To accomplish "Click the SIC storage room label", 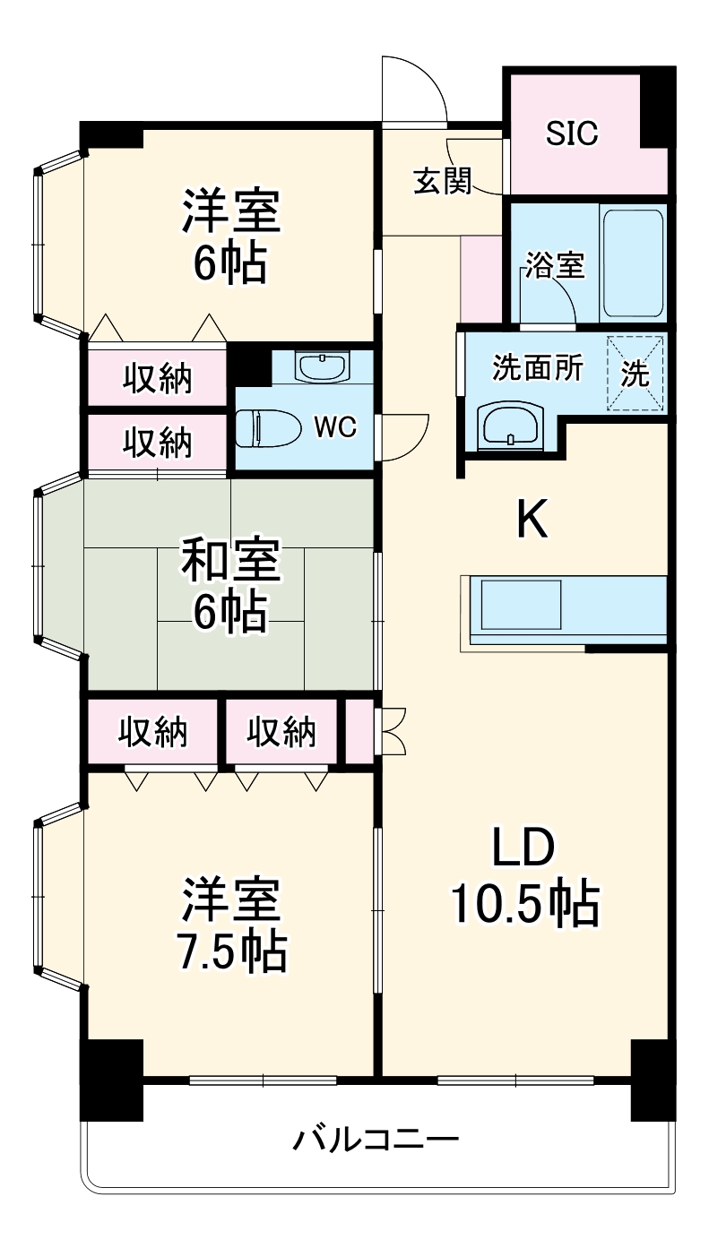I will (x=572, y=133).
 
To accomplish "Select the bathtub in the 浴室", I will (x=633, y=263).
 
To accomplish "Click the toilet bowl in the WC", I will (x=266, y=428).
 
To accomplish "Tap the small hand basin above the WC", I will (x=322, y=366).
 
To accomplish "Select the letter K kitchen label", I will (x=532, y=520).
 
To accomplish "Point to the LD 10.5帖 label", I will (x=523, y=877).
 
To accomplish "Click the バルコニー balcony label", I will (x=376, y=1140).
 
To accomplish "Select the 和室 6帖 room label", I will (x=231, y=585).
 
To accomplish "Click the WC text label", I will (x=334, y=427).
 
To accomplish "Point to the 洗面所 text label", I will (x=538, y=368).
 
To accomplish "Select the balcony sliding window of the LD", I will (x=516, y=1080).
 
